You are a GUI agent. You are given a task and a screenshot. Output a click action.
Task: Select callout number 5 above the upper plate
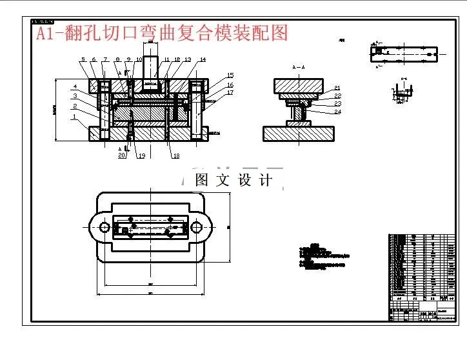[x=83, y=60]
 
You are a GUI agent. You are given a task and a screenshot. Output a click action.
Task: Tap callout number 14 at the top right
[x=203, y=60]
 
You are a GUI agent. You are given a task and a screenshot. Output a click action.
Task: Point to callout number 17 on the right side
[x=230, y=93]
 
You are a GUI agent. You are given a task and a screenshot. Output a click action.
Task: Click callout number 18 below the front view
[x=175, y=156]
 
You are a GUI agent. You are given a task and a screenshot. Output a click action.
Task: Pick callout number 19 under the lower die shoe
[x=141, y=156]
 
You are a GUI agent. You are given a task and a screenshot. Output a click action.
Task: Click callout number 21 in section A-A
[x=337, y=88]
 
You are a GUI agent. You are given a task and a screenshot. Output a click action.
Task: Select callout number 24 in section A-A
[x=337, y=112]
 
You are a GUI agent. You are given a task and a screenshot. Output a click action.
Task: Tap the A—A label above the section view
[x=298, y=67]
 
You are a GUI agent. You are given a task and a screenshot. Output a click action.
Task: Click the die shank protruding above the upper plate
[x=151, y=68]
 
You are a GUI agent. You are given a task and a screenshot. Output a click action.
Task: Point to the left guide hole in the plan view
[x=103, y=226]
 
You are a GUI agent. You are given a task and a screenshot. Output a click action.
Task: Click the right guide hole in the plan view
[x=197, y=226]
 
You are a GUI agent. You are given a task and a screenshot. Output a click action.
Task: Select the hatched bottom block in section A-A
[x=298, y=134]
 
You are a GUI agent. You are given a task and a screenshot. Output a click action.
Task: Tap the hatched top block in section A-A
[x=298, y=85]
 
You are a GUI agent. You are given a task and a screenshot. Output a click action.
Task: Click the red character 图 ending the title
[x=279, y=32]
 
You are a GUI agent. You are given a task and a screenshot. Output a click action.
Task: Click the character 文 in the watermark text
[x=223, y=180]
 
